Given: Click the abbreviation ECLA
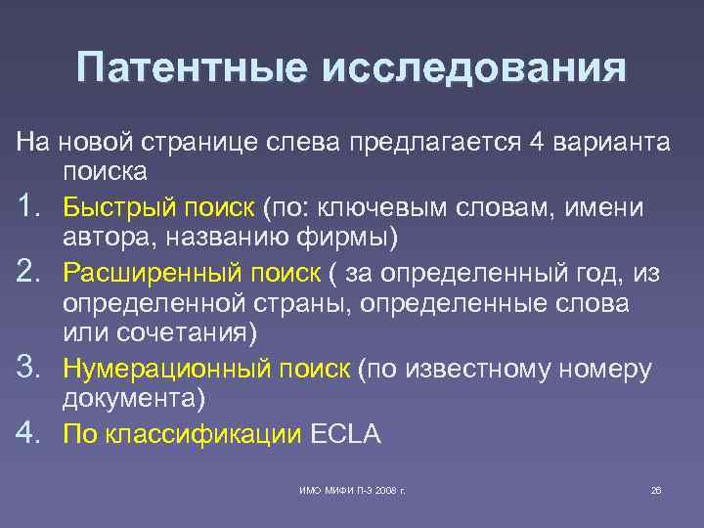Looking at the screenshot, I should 346,433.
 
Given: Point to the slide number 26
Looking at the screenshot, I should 656,490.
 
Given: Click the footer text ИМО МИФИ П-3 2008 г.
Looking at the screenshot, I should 352,490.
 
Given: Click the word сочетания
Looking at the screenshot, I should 192,334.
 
